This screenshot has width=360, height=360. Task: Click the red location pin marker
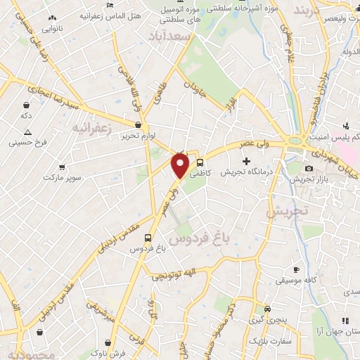(181, 165)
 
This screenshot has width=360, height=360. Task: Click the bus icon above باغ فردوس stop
(148, 238)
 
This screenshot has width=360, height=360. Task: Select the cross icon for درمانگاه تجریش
(246, 161)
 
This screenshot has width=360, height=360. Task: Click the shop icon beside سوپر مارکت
(63, 167)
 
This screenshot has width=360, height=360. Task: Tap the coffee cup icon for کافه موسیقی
(297, 269)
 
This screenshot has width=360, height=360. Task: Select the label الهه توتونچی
(181, 272)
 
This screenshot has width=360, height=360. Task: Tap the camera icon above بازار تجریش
(309, 169)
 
